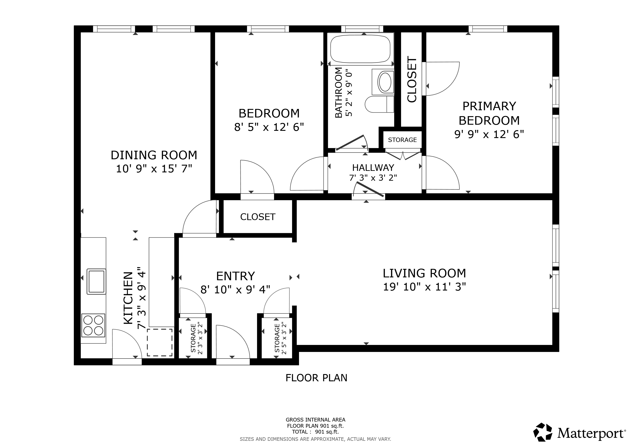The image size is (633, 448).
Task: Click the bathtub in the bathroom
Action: pos(361,49)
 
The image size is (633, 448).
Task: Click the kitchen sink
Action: pos(96,281)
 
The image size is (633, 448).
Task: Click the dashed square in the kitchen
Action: pos(160,342)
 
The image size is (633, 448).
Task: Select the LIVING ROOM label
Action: pos(424,273)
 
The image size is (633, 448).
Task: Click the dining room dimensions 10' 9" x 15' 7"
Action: pos(154,169)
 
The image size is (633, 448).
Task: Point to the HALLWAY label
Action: pos(373,167)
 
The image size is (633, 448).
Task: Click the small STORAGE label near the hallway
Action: pos(402,140)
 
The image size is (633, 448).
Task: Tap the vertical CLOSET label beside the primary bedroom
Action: pos(412,79)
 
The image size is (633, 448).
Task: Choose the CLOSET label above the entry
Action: pos(258,217)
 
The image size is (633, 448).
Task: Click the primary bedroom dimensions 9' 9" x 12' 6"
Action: pos(489,134)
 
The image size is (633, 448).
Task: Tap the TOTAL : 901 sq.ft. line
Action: pos(315,432)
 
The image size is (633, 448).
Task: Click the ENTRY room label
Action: pos(235,276)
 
